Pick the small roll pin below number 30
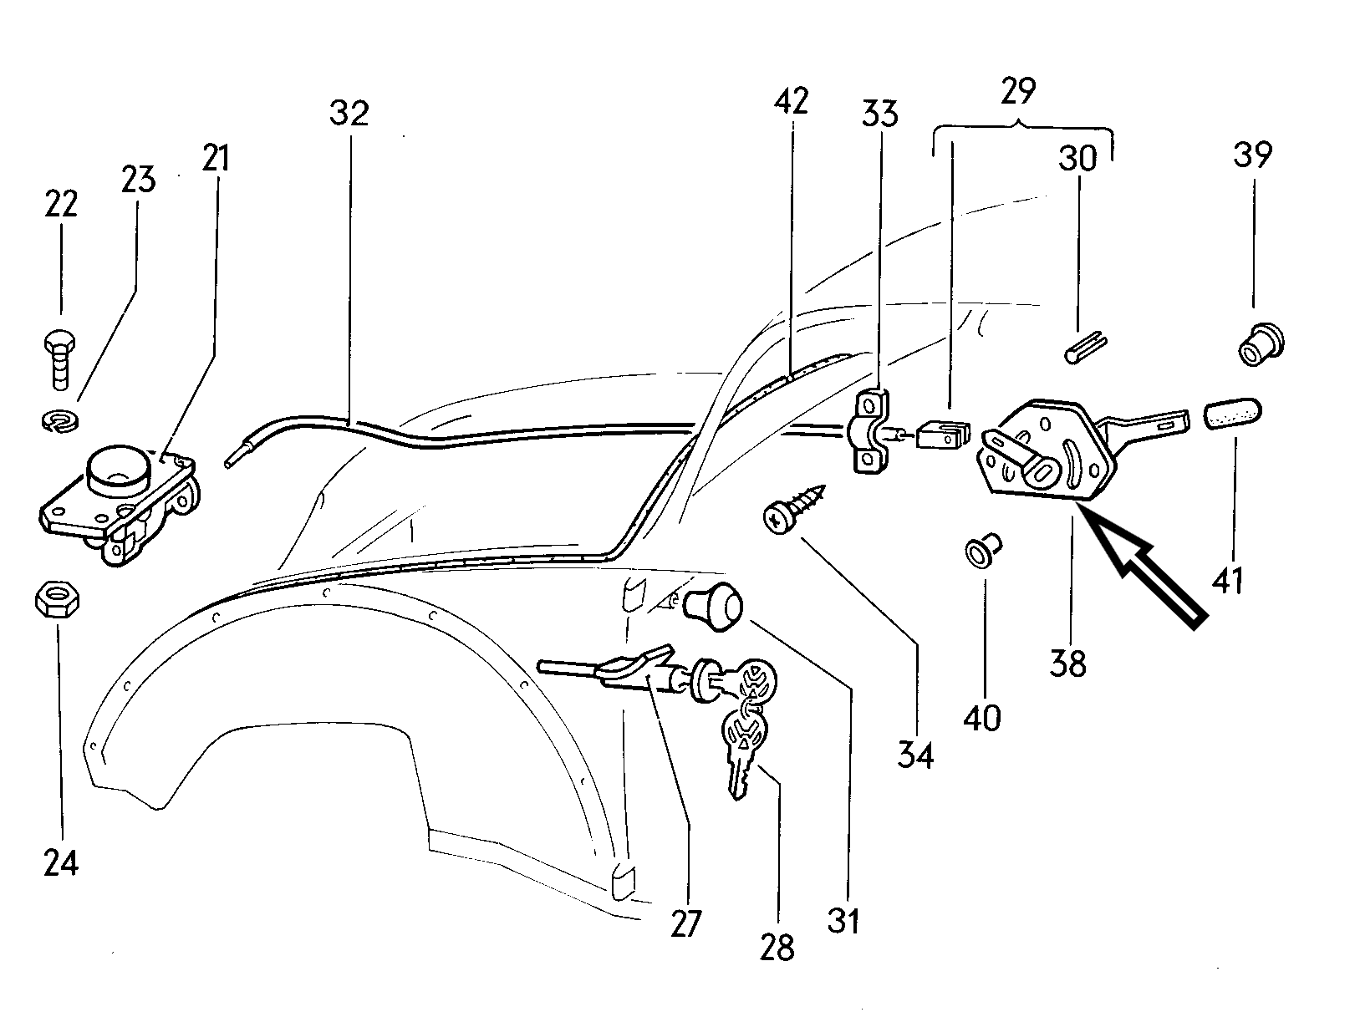point(1088,347)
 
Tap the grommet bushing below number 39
point(1259,344)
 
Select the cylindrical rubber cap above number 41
point(1233,414)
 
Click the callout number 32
point(349,114)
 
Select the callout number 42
point(791,101)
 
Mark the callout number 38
point(1069,664)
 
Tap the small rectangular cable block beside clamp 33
point(942,435)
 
